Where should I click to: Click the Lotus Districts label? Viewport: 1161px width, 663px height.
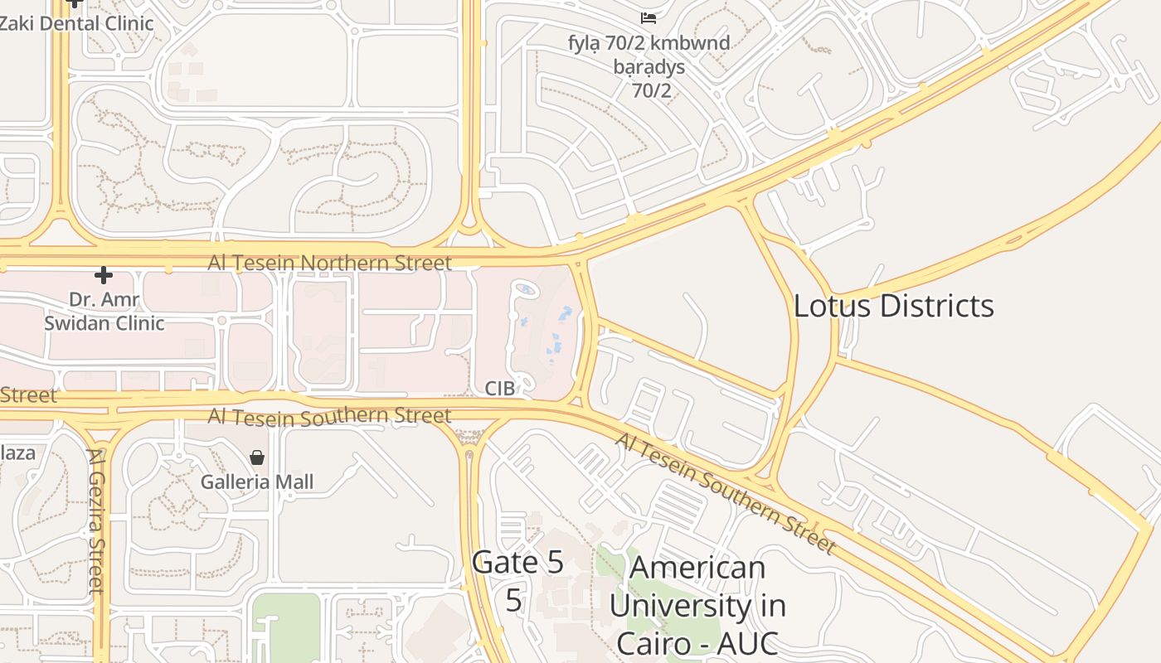[x=893, y=306]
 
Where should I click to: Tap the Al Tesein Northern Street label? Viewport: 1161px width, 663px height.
[x=329, y=263]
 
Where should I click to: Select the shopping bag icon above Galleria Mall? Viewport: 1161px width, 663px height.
[x=257, y=457]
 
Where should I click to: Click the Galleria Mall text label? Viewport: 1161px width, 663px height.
[x=257, y=482]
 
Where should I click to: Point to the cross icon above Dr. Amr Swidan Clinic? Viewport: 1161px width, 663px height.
[x=104, y=274]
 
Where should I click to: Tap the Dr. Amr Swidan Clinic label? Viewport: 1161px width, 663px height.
[x=104, y=311]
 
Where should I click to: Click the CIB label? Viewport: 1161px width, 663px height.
[x=500, y=388]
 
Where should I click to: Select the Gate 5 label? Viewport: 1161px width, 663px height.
[x=517, y=563]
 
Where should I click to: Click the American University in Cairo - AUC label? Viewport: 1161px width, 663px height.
[x=697, y=605]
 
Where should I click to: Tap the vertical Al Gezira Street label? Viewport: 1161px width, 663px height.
[x=96, y=520]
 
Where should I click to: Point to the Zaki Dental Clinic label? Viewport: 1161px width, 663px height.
[x=76, y=23]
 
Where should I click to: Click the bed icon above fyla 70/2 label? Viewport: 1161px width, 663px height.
[x=649, y=17]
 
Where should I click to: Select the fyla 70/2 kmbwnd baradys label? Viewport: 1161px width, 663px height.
[x=649, y=66]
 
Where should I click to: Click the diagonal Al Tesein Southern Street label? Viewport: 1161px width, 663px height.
[x=724, y=492]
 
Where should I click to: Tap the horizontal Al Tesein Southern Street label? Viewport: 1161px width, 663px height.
[x=329, y=415]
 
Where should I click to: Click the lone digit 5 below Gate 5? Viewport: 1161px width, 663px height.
[x=514, y=601]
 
